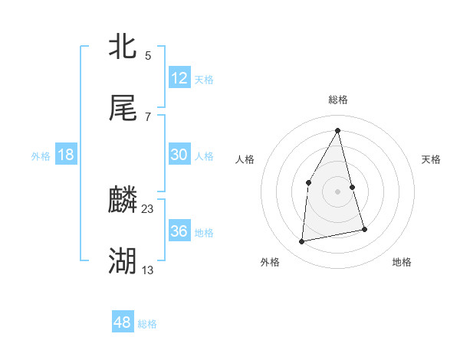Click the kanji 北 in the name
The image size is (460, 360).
pyautogui.click(x=123, y=47)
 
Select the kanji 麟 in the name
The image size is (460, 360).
pyautogui.click(x=123, y=201)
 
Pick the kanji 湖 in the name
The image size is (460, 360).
pyautogui.click(x=123, y=261)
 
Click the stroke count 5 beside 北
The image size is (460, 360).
pyautogui.click(x=148, y=55)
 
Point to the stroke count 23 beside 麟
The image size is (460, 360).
pyautogui.click(x=148, y=208)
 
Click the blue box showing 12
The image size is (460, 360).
pyautogui.click(x=179, y=78)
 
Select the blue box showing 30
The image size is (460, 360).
pyautogui.click(x=179, y=155)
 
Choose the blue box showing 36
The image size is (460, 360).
pyautogui.click(x=179, y=231)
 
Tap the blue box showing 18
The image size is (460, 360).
pyautogui.click(x=66, y=155)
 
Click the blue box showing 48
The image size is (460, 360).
pyautogui.click(x=122, y=322)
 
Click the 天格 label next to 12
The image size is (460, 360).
pyautogui.click(x=204, y=80)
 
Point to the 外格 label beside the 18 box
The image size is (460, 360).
pyautogui.click(x=41, y=156)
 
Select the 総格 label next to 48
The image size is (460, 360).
pyautogui.click(x=147, y=324)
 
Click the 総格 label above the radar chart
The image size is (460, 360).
pyautogui.click(x=338, y=100)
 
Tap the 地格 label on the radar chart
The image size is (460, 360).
pyautogui.click(x=402, y=263)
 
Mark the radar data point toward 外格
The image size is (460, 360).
pyautogui.click(x=302, y=242)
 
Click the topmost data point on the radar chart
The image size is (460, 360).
pyautogui.click(x=338, y=130)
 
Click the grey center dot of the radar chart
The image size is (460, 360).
pyautogui.click(x=338, y=191)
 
